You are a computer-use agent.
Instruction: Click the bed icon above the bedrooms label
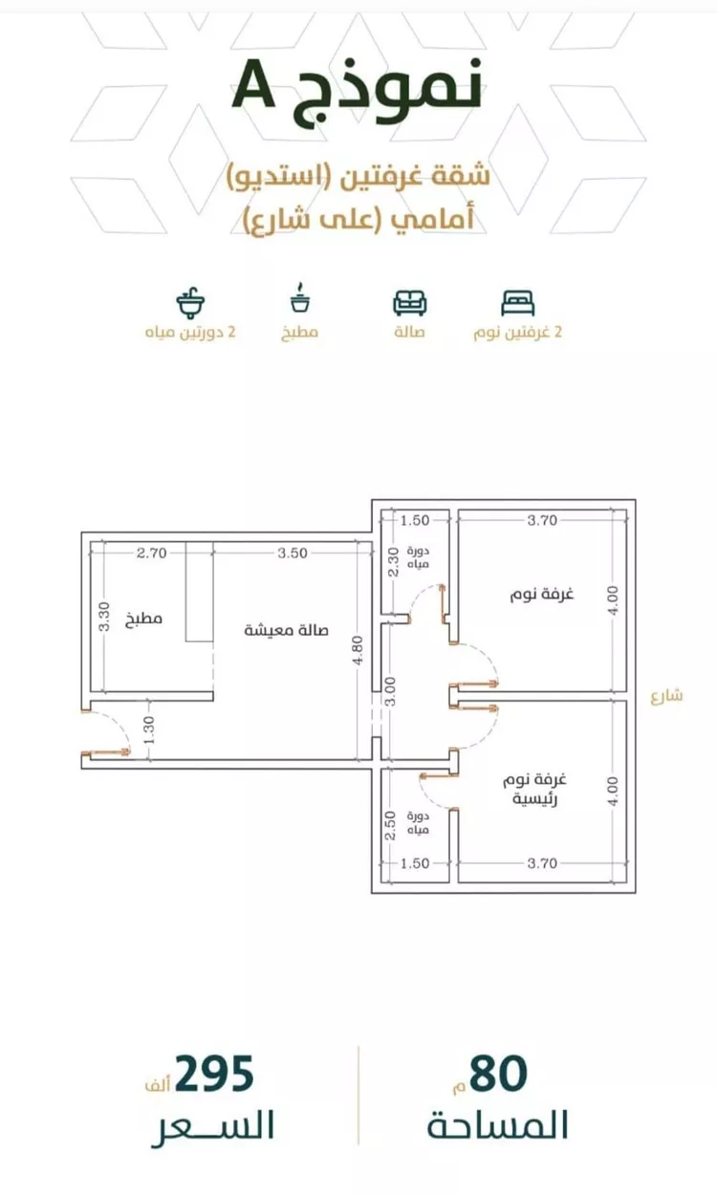[x=518, y=302]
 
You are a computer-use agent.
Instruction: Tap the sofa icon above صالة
[x=410, y=302]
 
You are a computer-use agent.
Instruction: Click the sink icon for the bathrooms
[x=191, y=301]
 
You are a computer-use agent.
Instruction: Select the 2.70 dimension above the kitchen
[x=152, y=553]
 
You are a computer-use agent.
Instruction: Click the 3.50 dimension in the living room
[x=293, y=553]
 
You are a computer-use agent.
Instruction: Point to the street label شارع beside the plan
[x=667, y=695]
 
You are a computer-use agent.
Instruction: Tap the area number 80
[x=498, y=1074]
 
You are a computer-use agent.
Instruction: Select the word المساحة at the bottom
[x=497, y=1124]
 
